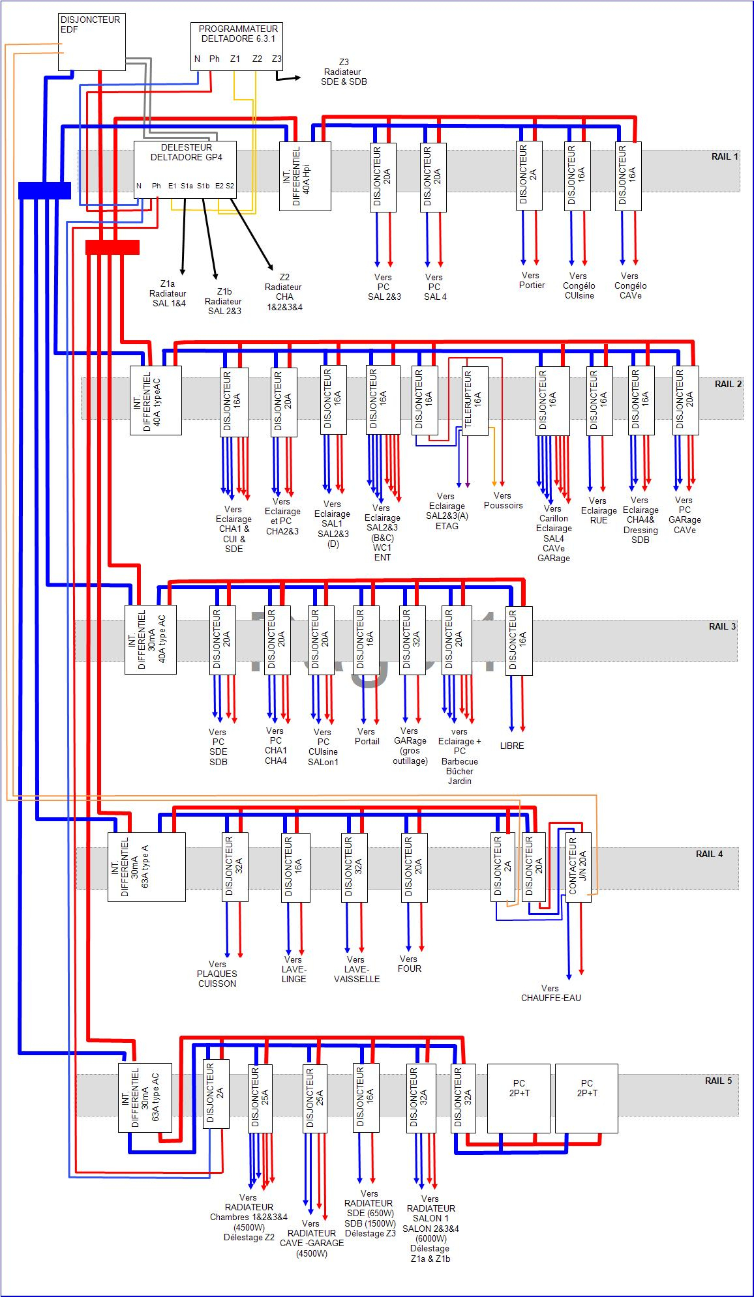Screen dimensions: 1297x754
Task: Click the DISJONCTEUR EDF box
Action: tap(91, 42)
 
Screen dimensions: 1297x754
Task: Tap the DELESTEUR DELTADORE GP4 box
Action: tap(185, 169)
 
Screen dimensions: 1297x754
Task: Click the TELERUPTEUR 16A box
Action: tap(475, 401)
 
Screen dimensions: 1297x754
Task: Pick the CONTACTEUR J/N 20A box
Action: tap(578, 867)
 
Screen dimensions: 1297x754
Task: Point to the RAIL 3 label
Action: tap(722, 626)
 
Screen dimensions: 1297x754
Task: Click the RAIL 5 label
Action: tap(718, 1081)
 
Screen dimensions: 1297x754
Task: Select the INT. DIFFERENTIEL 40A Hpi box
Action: tap(305, 176)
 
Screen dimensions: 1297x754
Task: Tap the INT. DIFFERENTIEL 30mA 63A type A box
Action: tap(146, 867)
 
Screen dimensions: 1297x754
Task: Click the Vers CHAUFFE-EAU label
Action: tap(550, 993)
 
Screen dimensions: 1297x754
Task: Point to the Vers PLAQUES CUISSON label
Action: tap(217, 974)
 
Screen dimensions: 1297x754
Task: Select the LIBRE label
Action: tap(512, 746)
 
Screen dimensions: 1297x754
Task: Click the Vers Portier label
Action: tap(532, 280)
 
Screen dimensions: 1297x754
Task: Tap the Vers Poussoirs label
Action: tap(503, 501)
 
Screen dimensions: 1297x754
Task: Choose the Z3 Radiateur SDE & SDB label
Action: tap(344, 72)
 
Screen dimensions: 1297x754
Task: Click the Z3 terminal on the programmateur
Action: tap(277, 59)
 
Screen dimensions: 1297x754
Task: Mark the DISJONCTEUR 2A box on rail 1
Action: tap(529, 176)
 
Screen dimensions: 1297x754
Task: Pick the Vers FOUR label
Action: tap(409, 964)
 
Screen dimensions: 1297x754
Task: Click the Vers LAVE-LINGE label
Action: tap(294, 969)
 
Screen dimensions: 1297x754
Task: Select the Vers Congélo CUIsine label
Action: tap(579, 285)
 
